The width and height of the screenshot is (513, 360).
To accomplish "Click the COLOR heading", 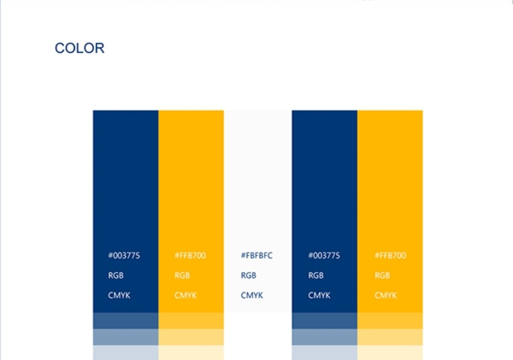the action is pos(80,48).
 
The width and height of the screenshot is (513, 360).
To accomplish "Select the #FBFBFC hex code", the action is pos(256,256).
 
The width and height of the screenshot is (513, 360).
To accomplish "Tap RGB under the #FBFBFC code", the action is pos(248,275).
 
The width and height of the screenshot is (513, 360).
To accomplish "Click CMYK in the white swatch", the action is pos(251,295).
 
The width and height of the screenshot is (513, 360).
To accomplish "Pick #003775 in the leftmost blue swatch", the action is pos(124,256).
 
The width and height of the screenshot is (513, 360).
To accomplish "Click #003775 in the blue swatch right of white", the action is pos(324,256).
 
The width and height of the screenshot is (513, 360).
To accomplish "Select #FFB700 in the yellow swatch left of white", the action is pos(190,256).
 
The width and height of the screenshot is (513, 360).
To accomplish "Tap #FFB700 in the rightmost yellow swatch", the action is pos(390,256).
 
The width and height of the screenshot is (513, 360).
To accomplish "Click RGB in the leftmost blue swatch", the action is pos(116,275).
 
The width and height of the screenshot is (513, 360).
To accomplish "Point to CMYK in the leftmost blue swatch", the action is pos(119,295).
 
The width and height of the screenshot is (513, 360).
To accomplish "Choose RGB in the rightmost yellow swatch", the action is pos(382,275).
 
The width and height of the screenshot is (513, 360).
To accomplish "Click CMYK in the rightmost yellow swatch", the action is pos(385,295).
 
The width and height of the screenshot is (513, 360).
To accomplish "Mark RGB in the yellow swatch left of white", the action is pos(182,275).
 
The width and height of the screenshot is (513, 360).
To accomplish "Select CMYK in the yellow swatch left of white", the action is pos(185,295).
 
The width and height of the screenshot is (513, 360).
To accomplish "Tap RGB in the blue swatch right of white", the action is pos(316,275).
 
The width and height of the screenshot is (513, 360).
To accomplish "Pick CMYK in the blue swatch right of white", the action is pos(319,295).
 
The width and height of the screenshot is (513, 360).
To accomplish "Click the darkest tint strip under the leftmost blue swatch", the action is pos(126,321).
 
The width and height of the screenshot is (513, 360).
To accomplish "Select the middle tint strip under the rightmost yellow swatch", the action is pos(390,337).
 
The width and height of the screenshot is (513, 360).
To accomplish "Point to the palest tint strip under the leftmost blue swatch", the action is pos(126,352).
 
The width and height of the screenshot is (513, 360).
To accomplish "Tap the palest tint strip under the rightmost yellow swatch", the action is pos(390,352).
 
